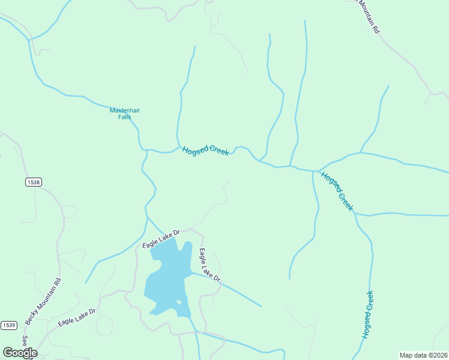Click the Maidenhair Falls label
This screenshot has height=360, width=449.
tap(124, 113)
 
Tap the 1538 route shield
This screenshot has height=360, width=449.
tap(34, 182)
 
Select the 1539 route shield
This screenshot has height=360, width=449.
tap(8, 325)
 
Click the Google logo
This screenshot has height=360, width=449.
tap(20, 353)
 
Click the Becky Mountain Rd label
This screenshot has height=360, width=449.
tap(42, 301)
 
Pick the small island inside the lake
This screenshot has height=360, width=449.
tap(178, 302)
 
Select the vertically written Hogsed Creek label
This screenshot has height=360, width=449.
tap(368, 315)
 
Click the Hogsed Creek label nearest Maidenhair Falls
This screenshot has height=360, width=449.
tap(205, 151)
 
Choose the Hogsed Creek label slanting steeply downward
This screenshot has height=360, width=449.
tap(336, 191)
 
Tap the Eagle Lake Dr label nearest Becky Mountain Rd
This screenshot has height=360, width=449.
tap(77, 317)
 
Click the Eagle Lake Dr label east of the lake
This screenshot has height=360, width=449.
tap(210, 265)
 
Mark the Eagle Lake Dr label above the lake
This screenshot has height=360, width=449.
tap(161, 239)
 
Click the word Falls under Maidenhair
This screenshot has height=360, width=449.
tap(124, 117)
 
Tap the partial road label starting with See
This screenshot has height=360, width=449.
tap(25, 341)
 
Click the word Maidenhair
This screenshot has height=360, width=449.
tap(124, 110)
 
